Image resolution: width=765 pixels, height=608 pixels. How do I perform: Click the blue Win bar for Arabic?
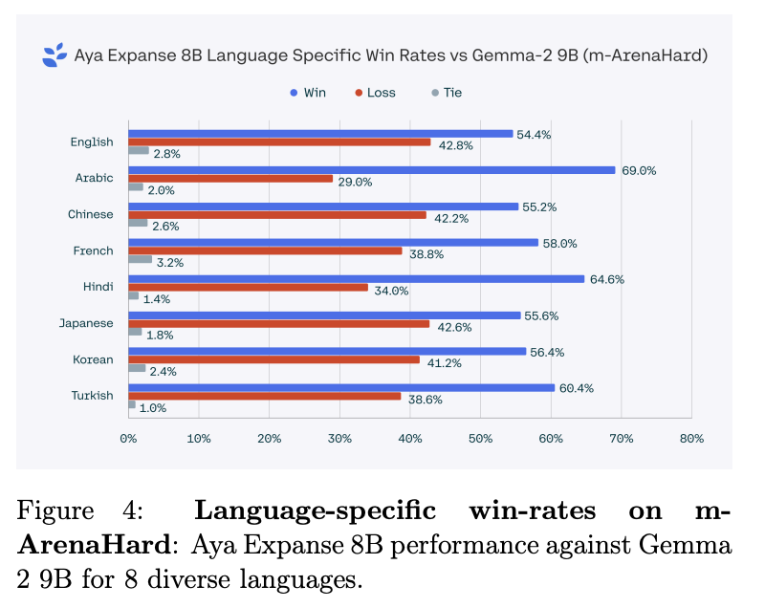372,170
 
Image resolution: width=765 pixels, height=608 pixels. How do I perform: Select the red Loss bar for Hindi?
249,287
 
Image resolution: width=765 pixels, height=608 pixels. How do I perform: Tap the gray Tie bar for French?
141,259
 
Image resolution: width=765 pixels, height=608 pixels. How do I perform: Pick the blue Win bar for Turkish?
341,387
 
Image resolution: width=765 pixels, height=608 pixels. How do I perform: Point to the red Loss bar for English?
279,141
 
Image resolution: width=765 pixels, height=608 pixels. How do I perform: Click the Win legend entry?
308,93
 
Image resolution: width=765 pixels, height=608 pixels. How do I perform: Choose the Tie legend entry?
446,93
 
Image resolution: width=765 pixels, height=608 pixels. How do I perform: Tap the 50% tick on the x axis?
480,439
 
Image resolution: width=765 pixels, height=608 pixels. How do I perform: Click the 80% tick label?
691,439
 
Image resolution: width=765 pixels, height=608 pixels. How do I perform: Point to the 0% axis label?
128,439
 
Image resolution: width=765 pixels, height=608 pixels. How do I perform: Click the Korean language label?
94,359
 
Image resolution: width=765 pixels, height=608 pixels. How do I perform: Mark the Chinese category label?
91,214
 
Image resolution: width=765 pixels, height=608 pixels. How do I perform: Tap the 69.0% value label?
638,170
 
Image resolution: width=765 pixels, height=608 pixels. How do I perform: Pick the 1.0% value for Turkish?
153,407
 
